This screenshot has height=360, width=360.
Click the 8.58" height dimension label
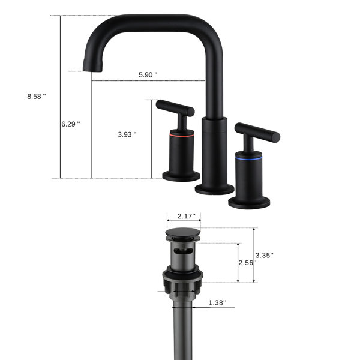coord(37,97)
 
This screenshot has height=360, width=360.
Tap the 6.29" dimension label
coord(71,124)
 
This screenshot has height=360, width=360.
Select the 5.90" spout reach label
coord(148,75)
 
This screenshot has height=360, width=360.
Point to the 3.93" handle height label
coord(127,134)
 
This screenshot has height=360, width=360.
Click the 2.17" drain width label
coord(187,216)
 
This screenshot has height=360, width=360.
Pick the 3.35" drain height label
coord(265,255)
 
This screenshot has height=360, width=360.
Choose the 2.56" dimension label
coord(247,263)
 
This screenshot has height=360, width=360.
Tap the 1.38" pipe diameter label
coord(217,302)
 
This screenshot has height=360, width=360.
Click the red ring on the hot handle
coord(182,135)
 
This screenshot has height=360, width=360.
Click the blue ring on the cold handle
coord(249,158)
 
